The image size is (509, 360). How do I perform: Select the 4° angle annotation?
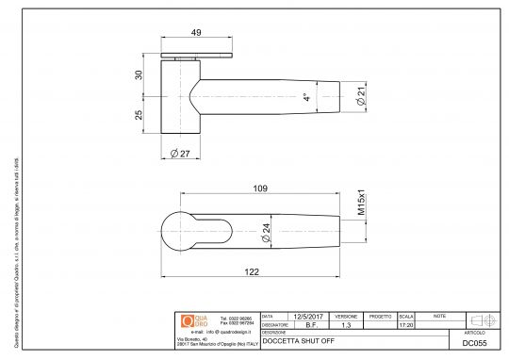pos(305,97)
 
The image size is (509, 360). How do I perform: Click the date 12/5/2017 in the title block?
pos(307,317)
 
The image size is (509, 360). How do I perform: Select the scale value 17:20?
pos(406,325)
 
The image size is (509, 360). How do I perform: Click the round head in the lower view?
pos(176,231)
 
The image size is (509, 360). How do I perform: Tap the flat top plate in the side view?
pos(198,57)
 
